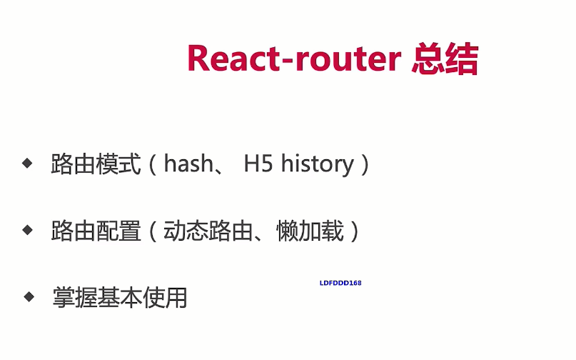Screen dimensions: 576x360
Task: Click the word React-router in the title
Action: pos(294,58)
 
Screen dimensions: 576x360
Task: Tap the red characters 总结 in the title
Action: pos(445,59)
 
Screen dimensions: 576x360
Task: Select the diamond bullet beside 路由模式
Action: pos(27,163)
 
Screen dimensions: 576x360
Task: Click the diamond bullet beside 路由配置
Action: pos(27,230)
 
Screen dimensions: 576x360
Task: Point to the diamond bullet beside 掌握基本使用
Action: pos(29,296)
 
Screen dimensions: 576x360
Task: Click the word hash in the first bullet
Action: pos(188,164)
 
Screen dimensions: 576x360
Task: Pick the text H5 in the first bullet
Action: pos(258,164)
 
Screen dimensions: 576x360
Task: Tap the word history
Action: pos(317,164)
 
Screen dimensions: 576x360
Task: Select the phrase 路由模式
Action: pos(96,164)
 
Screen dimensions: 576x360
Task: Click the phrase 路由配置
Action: pos(96,231)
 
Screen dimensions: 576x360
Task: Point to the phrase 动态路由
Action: pos(208,231)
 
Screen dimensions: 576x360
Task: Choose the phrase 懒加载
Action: pos(310,231)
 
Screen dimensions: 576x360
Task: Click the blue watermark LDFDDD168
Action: pos(340,283)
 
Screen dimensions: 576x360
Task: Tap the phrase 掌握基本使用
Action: pos(120,297)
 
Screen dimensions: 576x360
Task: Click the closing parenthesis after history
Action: pos(365,164)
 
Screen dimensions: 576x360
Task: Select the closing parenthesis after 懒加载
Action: pos(355,231)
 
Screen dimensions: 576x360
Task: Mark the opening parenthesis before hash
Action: pos(153,164)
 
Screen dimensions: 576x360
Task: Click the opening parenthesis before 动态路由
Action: pos(153,231)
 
